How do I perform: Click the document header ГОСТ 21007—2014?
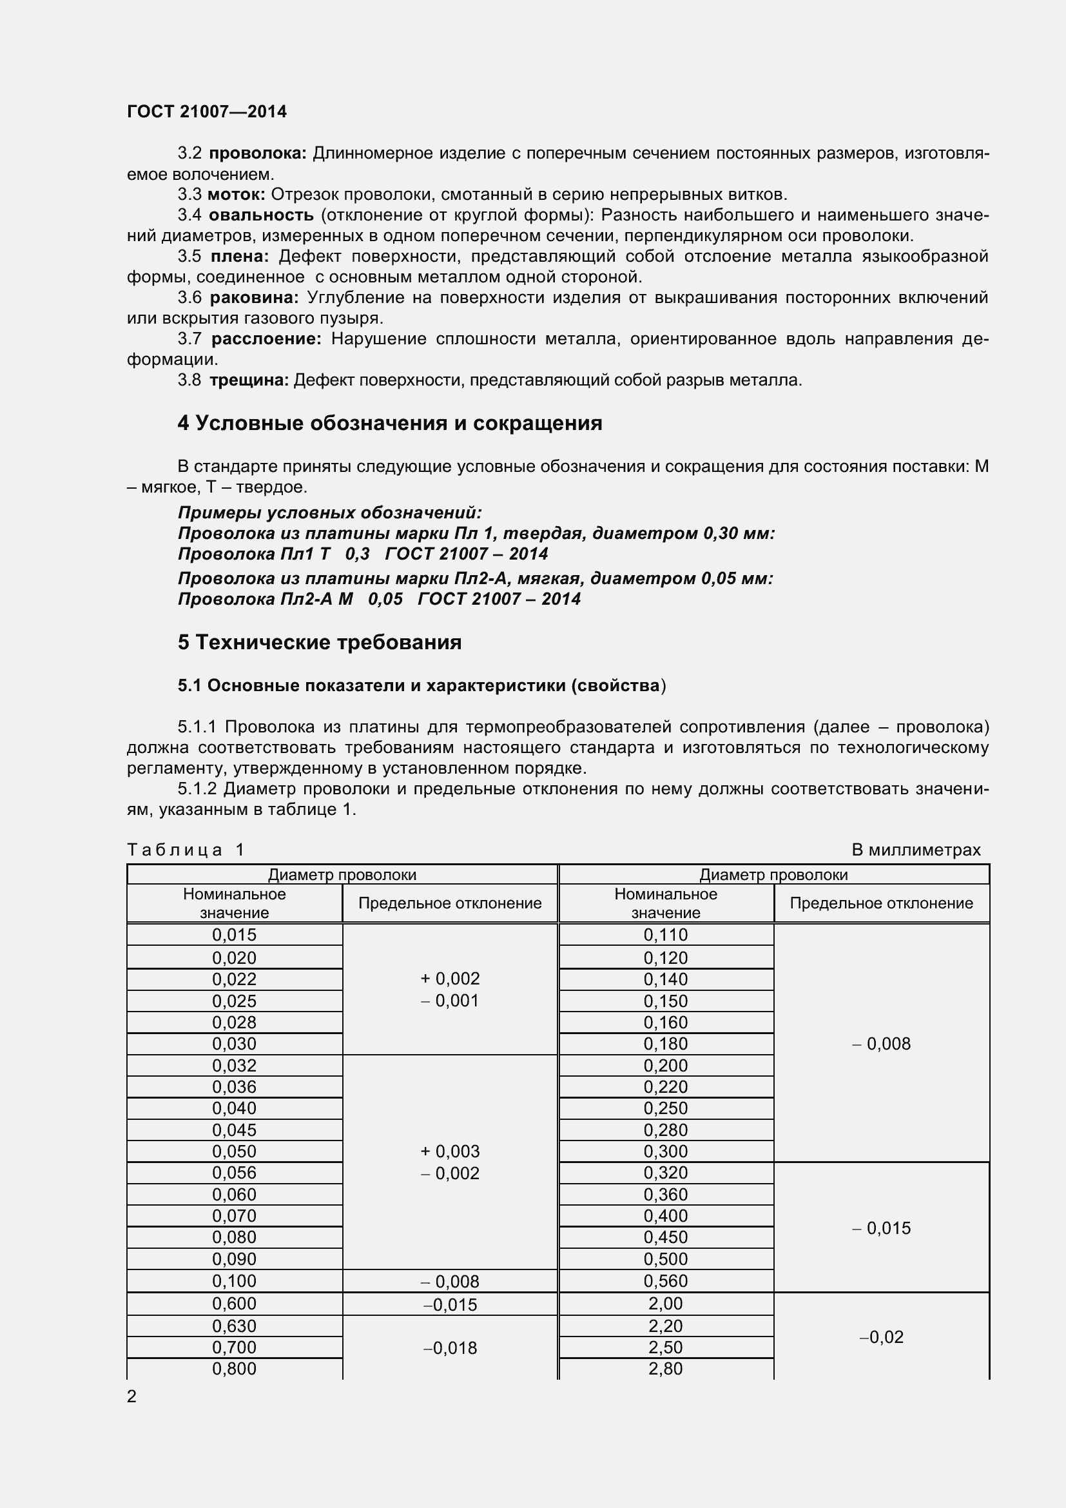pos(207,112)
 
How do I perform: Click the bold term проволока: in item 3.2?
pos(257,153)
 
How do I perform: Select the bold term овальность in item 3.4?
pos(261,215)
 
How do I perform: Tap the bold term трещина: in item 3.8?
pos(249,380)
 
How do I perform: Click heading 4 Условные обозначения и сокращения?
pos(389,424)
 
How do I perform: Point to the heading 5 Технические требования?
pos(319,642)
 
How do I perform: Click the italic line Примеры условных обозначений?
pos(329,513)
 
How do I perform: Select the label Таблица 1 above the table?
pos(185,850)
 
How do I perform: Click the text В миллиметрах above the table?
pos(916,850)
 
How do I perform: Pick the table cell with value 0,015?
pos(235,935)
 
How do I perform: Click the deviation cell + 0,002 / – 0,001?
pos(450,989)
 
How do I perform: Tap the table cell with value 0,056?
pos(235,1173)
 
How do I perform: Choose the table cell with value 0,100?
pos(235,1282)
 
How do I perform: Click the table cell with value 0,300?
pos(666,1151)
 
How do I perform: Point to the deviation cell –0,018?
pos(450,1348)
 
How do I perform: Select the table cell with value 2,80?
pos(666,1369)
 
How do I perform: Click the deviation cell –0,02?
pos(882,1337)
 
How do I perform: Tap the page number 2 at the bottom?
pos(132,1397)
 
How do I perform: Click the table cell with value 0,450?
pos(666,1237)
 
